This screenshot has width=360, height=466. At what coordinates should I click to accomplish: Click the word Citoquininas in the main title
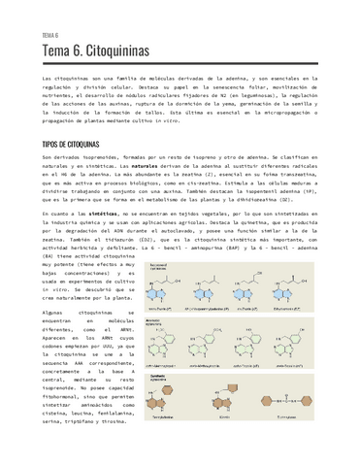pyautogui.click(x=109, y=49)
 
